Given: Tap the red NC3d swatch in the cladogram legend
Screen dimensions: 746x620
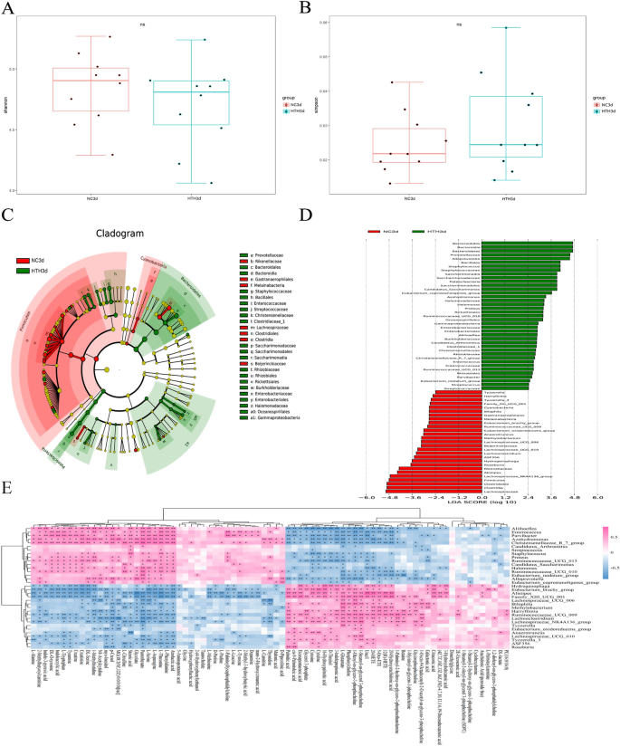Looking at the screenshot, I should click(23, 259).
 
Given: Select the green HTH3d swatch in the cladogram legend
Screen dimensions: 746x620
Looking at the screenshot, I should click(23, 271).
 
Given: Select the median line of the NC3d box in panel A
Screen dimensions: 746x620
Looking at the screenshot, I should click(91, 81).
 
